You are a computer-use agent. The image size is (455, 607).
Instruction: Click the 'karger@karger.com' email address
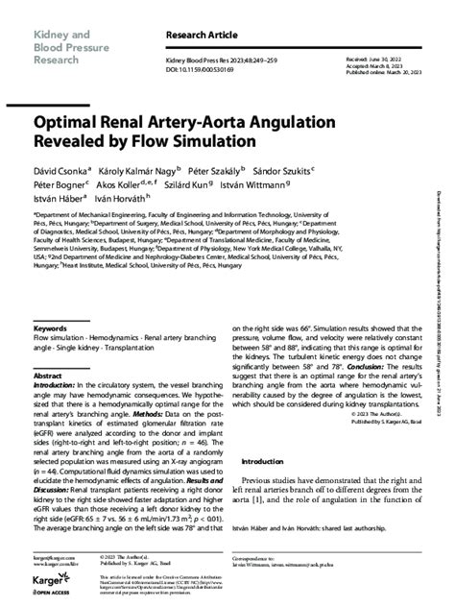pyautogui.click(x=55, y=556)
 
